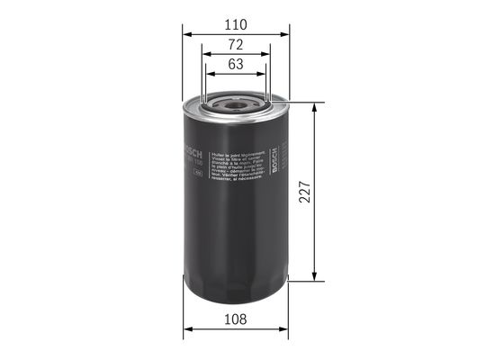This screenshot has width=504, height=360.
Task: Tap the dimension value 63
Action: [237, 64]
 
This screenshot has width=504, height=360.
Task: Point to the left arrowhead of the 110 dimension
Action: [187, 34]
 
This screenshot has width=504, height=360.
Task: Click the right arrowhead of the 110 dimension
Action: [285, 34]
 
